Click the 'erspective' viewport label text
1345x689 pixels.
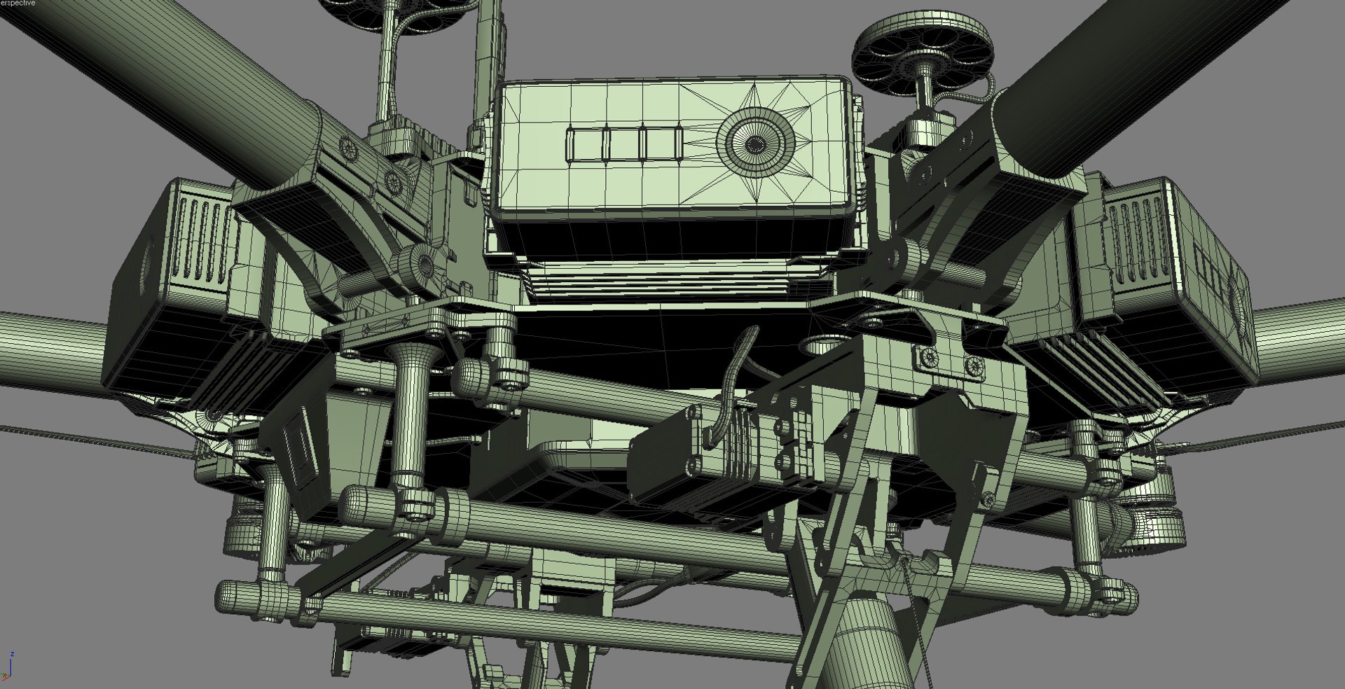tap(18, 4)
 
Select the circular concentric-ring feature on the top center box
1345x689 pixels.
tap(754, 144)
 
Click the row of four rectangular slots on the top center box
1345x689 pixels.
tap(625, 144)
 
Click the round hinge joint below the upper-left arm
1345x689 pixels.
tap(422, 264)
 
